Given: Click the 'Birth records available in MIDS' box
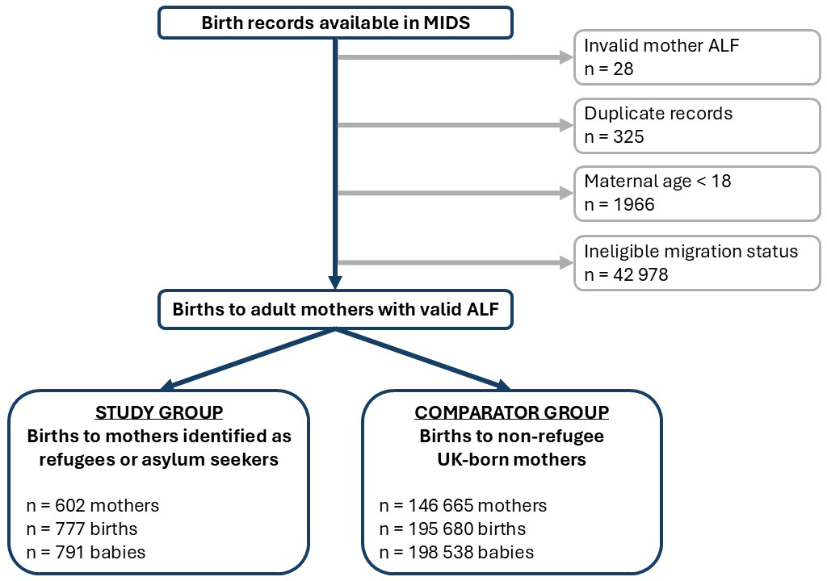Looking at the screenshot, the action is coord(335,23).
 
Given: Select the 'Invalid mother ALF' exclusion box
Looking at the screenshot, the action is coord(697,57).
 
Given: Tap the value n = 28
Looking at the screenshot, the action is coord(609,69).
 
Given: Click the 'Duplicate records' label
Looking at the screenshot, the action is coord(658,113).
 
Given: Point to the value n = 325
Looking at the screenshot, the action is coord(614,137).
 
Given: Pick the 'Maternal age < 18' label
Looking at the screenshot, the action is coord(657,182).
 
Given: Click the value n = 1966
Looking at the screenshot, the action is coord(619,205).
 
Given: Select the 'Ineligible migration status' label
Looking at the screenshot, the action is coord(691,252).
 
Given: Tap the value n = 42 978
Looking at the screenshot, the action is coord(626,274).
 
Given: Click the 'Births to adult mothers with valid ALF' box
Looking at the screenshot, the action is coord(335,310).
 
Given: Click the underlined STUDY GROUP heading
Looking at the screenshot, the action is coord(159,412).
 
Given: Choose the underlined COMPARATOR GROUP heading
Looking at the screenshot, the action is coord(511,412).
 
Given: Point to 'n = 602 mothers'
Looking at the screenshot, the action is coord(93,506).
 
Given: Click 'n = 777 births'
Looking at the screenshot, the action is coord(82,529).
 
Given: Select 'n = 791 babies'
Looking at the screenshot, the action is coord(86,552).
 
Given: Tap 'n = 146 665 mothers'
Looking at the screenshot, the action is coord(463,506).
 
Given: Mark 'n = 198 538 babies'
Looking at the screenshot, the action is coord(457,552).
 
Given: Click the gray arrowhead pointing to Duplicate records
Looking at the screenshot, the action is coord(567,125).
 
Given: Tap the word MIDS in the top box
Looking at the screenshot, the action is coord(447,23).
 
